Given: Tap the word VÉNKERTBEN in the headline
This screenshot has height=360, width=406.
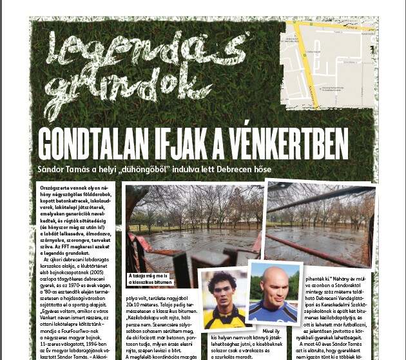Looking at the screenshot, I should [283, 144].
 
